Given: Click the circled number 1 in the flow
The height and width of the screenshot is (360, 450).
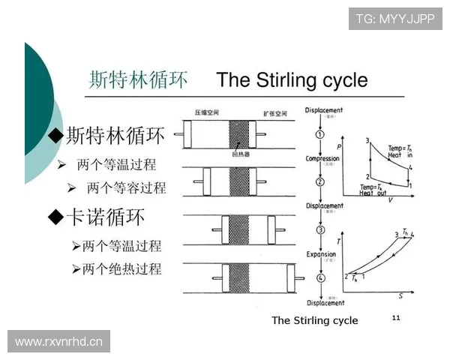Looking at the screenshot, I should click(x=320, y=134).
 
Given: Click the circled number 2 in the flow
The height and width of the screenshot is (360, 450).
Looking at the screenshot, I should click(x=320, y=181).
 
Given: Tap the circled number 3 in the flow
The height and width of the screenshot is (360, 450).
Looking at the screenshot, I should click(x=320, y=230).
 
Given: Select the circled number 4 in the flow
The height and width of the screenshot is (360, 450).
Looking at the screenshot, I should click(x=320, y=278).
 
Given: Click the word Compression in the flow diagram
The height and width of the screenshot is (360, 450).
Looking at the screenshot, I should click(x=323, y=158).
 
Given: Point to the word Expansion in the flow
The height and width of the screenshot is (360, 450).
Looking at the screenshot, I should click(x=321, y=254).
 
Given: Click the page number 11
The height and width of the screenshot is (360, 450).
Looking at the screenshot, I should click(x=397, y=319).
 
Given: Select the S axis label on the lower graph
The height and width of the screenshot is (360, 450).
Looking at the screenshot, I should click(x=400, y=295).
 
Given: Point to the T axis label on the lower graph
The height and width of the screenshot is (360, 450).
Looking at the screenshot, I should click(x=338, y=241).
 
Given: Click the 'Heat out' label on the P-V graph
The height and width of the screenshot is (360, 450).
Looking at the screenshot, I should click(x=375, y=193).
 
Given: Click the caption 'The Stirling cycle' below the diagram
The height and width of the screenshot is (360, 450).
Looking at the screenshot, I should click(x=314, y=320).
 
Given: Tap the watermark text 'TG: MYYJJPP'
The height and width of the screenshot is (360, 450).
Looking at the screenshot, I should click(x=395, y=18).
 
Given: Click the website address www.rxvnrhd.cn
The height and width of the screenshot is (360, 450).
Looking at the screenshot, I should click(x=60, y=342).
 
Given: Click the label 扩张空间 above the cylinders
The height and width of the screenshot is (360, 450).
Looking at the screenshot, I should click(x=274, y=112).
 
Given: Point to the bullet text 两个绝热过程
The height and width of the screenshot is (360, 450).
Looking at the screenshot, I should click(x=121, y=268).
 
